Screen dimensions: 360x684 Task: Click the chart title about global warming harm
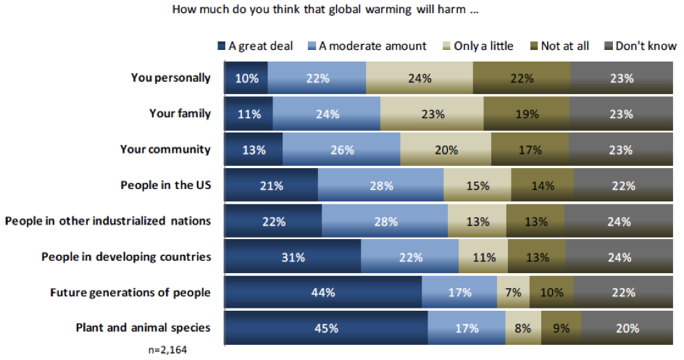click(x=326, y=11)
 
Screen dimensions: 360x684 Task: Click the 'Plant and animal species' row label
click(x=143, y=327)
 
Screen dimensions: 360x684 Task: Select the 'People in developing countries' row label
click(x=126, y=256)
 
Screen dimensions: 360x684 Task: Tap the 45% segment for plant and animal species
click(x=326, y=328)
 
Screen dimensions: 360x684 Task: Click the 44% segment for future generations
click(x=323, y=293)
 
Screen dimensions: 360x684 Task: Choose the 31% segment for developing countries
click(x=293, y=257)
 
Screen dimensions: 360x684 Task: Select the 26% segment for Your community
click(x=341, y=150)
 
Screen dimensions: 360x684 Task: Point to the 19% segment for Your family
click(x=526, y=114)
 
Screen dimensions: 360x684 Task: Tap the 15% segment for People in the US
click(x=477, y=185)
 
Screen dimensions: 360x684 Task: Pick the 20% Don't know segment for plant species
click(x=627, y=328)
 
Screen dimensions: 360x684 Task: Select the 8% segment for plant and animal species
click(x=522, y=328)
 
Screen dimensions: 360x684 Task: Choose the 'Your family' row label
click(x=180, y=113)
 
